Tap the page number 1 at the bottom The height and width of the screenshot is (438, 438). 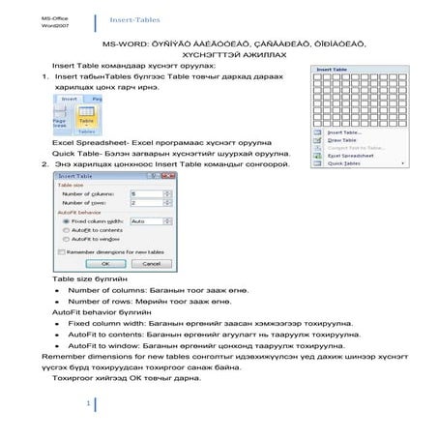[x=88, y=403]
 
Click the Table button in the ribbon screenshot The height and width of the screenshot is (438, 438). [x=86, y=122]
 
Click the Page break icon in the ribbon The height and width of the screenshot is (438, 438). [x=60, y=123]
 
